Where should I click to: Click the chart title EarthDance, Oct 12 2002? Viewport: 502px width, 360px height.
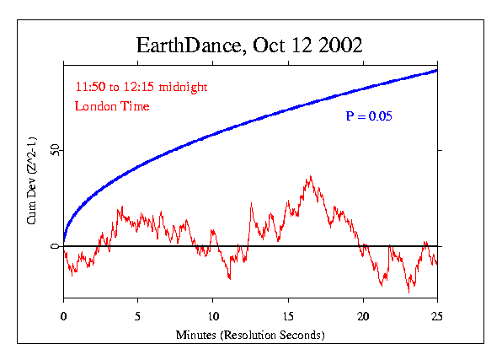click(x=250, y=46)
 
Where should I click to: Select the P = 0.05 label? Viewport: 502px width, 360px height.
click(x=368, y=115)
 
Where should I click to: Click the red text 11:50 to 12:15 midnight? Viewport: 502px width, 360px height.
click(x=141, y=88)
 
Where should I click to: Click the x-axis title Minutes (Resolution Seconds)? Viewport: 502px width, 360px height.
click(x=250, y=335)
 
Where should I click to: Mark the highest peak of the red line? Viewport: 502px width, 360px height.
click(x=311, y=176)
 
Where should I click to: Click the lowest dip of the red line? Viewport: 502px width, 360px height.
click(x=409, y=292)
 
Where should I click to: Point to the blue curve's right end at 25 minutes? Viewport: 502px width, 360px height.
click(x=437, y=70)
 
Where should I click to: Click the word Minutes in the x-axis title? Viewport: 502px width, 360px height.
click(x=195, y=335)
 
